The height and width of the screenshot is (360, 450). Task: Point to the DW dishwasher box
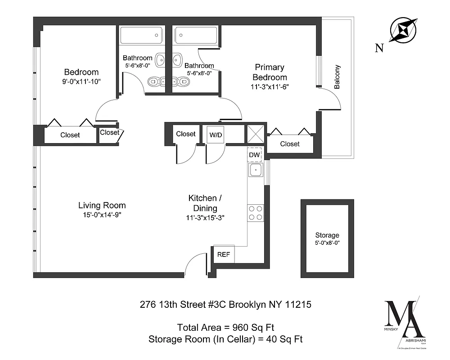pyautogui.click(x=254, y=155)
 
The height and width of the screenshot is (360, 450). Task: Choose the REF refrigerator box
pyautogui.click(x=224, y=254)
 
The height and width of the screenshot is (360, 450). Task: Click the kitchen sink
pyautogui.click(x=255, y=171)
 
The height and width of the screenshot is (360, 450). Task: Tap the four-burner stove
pyautogui.click(x=255, y=213)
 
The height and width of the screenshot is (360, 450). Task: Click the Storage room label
pyautogui.click(x=327, y=235)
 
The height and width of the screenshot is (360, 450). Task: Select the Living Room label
pyautogui.click(x=102, y=205)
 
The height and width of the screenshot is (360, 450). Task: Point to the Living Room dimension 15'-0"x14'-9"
pyautogui.click(x=102, y=215)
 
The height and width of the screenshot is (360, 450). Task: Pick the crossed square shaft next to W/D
pyautogui.click(x=256, y=134)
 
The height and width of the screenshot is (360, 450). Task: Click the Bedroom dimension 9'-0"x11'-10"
pyautogui.click(x=81, y=82)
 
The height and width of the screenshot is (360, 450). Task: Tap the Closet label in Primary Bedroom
pyautogui.click(x=290, y=144)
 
